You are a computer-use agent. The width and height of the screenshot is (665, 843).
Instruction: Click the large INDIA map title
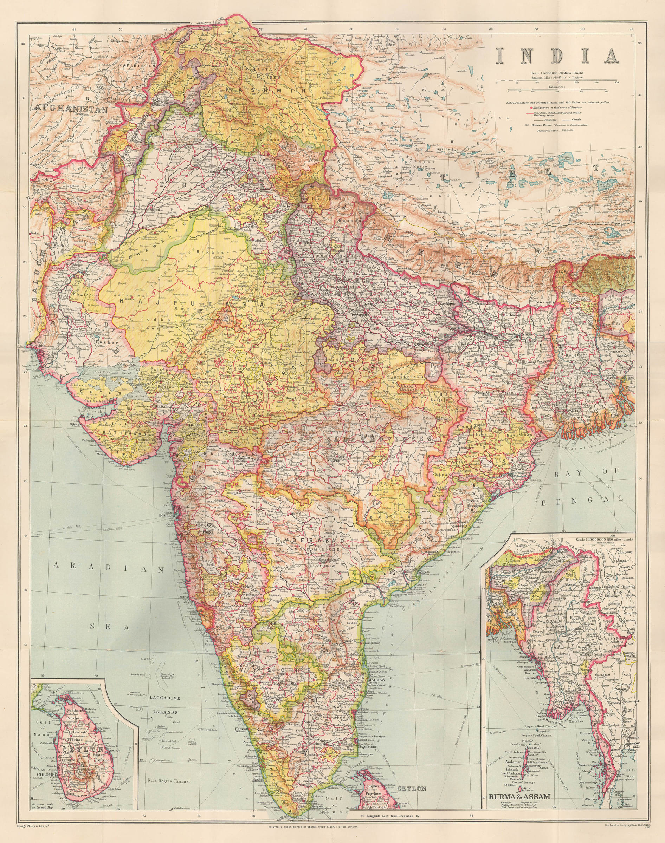point(557,56)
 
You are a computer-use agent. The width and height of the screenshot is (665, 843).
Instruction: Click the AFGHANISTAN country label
point(70,110)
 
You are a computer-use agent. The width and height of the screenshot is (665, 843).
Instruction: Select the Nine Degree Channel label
point(168,781)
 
